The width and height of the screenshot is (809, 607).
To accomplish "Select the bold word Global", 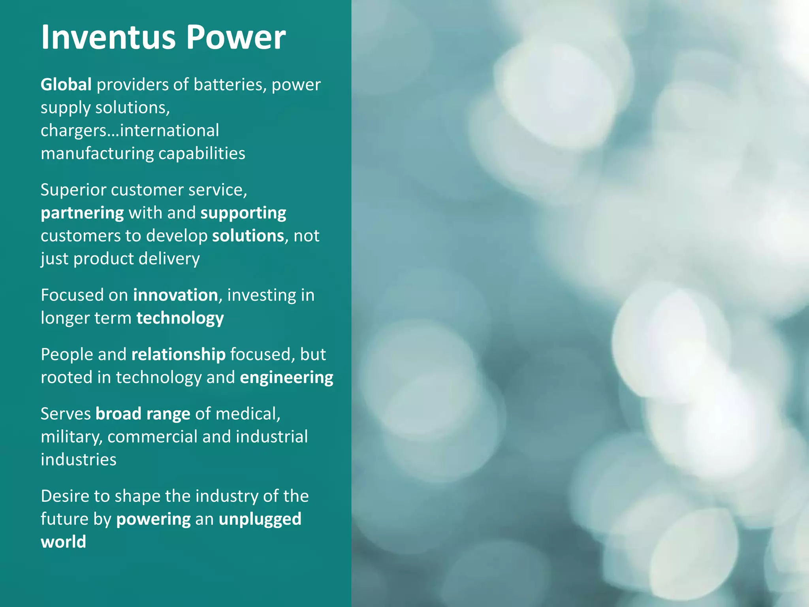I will pos(66,85).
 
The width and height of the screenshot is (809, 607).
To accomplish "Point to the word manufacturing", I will pos(97,153).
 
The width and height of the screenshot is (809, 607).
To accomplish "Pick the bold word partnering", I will pos(82,213).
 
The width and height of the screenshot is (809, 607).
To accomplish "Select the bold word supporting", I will pos(243,213).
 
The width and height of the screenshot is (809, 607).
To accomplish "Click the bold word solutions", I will pos(248,236).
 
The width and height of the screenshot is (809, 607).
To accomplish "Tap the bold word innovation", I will pos(175,295).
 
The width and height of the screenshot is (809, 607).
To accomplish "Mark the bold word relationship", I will pos(179,354).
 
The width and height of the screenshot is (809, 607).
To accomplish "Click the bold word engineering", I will pos(286,377).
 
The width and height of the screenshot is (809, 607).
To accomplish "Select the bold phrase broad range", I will pos(143,414).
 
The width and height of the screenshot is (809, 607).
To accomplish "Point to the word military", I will pos(71,437).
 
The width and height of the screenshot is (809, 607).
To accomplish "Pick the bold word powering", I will pos(153,519).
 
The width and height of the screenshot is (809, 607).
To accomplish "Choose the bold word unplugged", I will pos(260,519).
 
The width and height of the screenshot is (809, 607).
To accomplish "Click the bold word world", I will pos(63,542).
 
